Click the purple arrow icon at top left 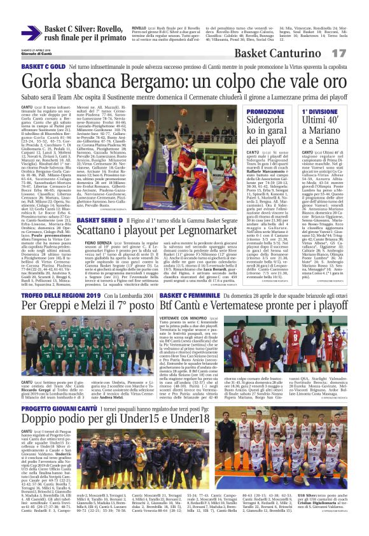point(31,33)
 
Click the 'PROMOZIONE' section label point(265,111)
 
